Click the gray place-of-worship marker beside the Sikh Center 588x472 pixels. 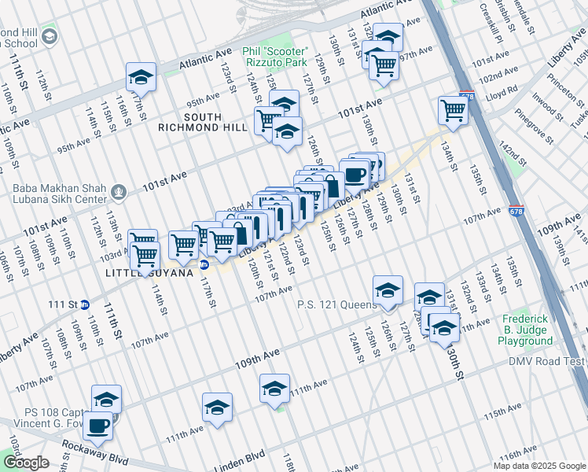(119, 190)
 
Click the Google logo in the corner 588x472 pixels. (25, 463)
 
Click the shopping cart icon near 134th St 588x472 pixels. (453, 111)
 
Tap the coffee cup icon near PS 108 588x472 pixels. (97, 426)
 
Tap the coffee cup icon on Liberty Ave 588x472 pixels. (355, 174)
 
